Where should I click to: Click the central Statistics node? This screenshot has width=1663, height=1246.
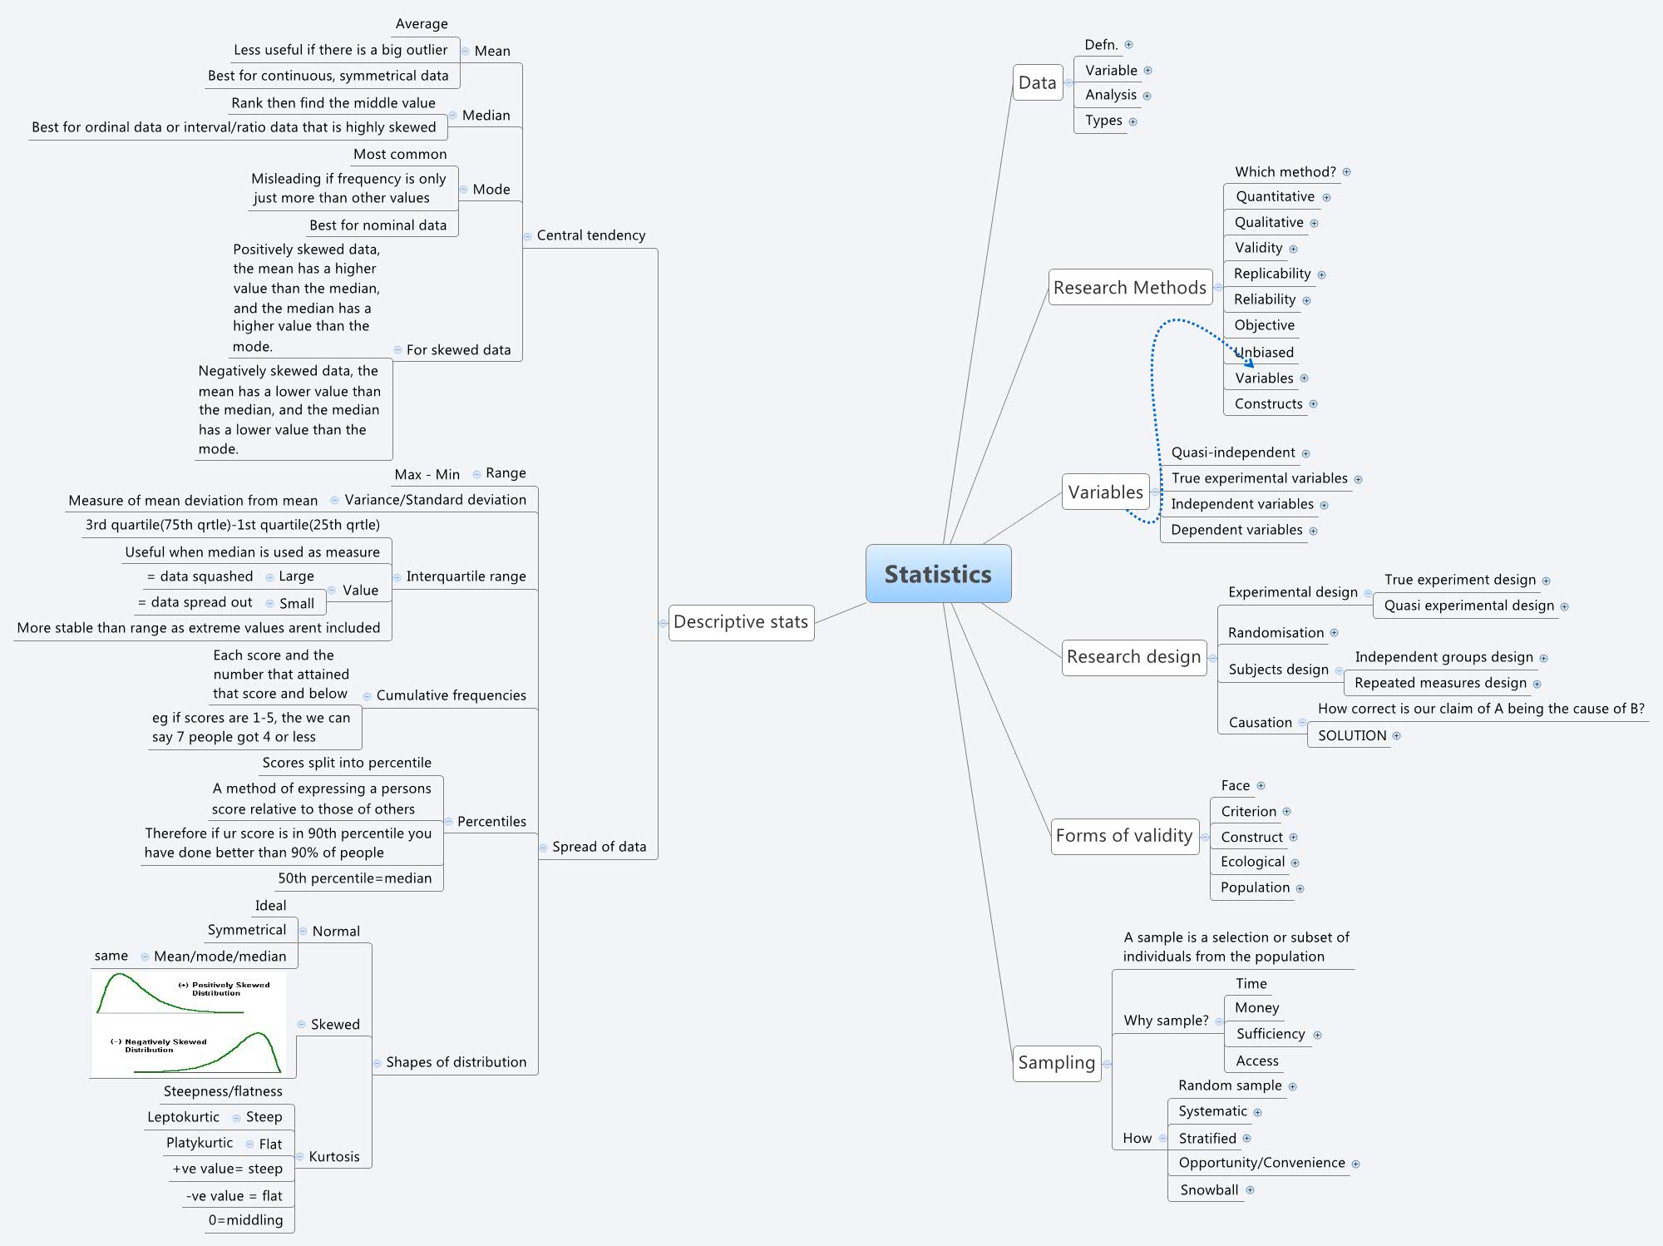(x=938, y=574)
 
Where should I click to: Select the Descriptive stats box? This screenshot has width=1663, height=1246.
(x=741, y=622)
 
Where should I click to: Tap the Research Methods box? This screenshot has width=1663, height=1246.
(x=1129, y=288)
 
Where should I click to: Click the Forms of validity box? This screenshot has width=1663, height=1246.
(x=1123, y=836)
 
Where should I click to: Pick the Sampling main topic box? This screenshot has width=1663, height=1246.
(x=1056, y=1063)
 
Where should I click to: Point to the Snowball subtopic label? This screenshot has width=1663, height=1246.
(x=1209, y=1190)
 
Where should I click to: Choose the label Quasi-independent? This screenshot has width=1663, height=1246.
(x=1232, y=452)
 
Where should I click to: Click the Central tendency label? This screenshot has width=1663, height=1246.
(x=590, y=235)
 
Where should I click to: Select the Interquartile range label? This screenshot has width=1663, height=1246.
(x=466, y=576)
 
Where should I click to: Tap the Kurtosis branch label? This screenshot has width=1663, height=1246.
(x=334, y=1157)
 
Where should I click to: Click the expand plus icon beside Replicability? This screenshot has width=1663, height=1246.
(x=1321, y=274)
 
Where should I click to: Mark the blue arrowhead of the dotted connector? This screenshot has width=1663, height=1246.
(x=1250, y=363)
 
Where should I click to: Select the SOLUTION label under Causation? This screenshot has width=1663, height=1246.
(x=1352, y=736)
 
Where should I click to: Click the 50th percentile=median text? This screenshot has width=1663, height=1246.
(x=355, y=878)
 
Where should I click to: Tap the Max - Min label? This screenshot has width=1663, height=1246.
(x=427, y=474)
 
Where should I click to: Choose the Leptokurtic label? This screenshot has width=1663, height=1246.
(x=184, y=1117)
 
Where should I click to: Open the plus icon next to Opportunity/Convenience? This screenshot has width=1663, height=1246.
(x=1355, y=1164)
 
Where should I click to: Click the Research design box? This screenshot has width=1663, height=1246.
(x=1133, y=657)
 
